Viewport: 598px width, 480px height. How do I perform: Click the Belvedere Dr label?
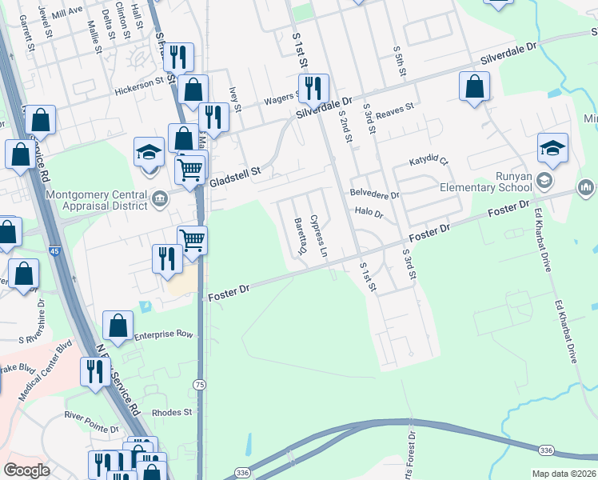point(374,194)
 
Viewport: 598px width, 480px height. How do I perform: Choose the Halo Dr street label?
point(369,214)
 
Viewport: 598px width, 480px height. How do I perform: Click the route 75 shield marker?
point(198,385)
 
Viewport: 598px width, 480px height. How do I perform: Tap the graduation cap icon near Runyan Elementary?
point(552,148)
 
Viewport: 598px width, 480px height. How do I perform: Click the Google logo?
point(26,470)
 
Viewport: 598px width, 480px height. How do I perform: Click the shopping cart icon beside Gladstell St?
point(189,170)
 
